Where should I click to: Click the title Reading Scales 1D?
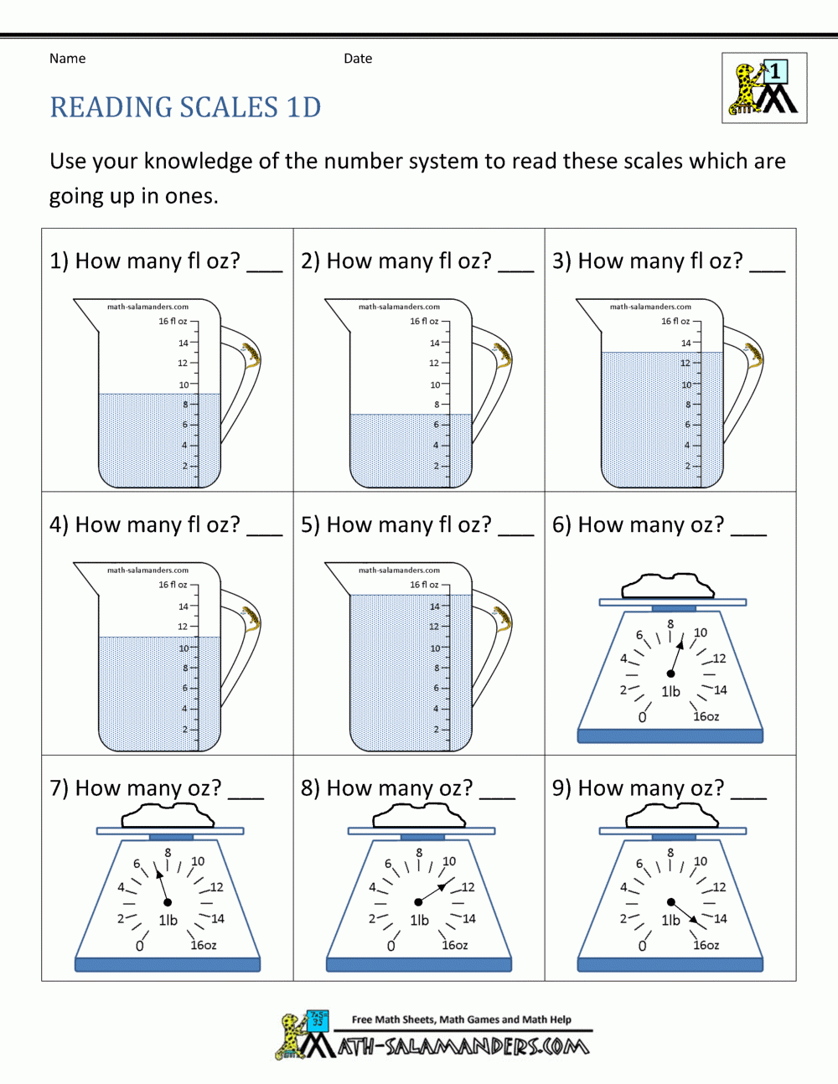coord(185,107)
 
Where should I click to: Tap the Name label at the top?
coord(67,59)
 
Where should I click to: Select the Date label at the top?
coord(358,59)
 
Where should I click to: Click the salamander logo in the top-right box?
coord(764,88)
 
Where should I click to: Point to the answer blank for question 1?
coord(265,271)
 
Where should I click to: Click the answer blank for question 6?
coord(748,534)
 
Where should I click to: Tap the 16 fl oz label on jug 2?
coord(424,321)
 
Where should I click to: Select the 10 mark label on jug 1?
coord(184,385)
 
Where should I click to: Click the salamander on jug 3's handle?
coord(753,356)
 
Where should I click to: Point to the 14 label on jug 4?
coord(184,607)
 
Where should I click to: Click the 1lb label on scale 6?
coord(671,691)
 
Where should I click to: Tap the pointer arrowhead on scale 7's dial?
coord(159,875)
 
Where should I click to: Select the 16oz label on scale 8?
coord(455,945)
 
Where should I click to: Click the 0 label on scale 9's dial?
coord(643,947)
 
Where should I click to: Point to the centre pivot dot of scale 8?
coord(418,902)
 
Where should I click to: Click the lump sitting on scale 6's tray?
coord(669,586)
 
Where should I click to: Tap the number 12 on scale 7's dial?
coord(217,887)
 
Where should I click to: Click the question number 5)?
coord(310,524)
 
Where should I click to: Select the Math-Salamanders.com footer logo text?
coord(463,1046)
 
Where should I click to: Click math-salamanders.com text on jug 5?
coord(399,570)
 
